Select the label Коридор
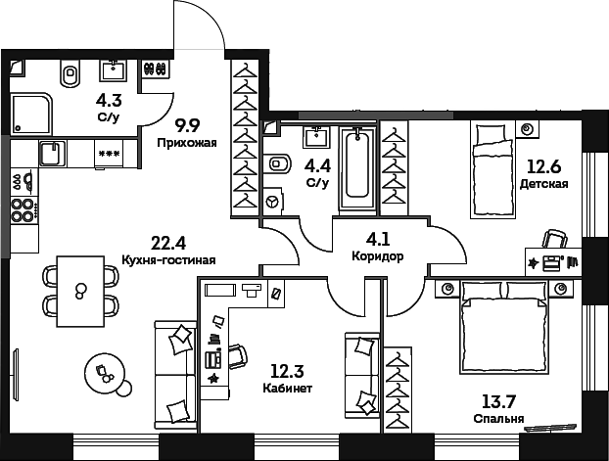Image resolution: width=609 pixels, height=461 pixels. point(377,255)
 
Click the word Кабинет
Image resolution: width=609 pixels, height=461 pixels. point(288,389)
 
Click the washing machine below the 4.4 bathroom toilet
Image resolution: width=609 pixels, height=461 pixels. point(274,201)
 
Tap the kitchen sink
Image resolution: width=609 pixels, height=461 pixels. point(50,155)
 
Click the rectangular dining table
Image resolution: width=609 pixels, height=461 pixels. point(80,291)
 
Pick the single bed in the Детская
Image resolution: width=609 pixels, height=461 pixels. point(492,169)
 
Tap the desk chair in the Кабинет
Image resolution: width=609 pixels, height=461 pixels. point(238,354)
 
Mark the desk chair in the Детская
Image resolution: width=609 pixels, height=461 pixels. point(555,240)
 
